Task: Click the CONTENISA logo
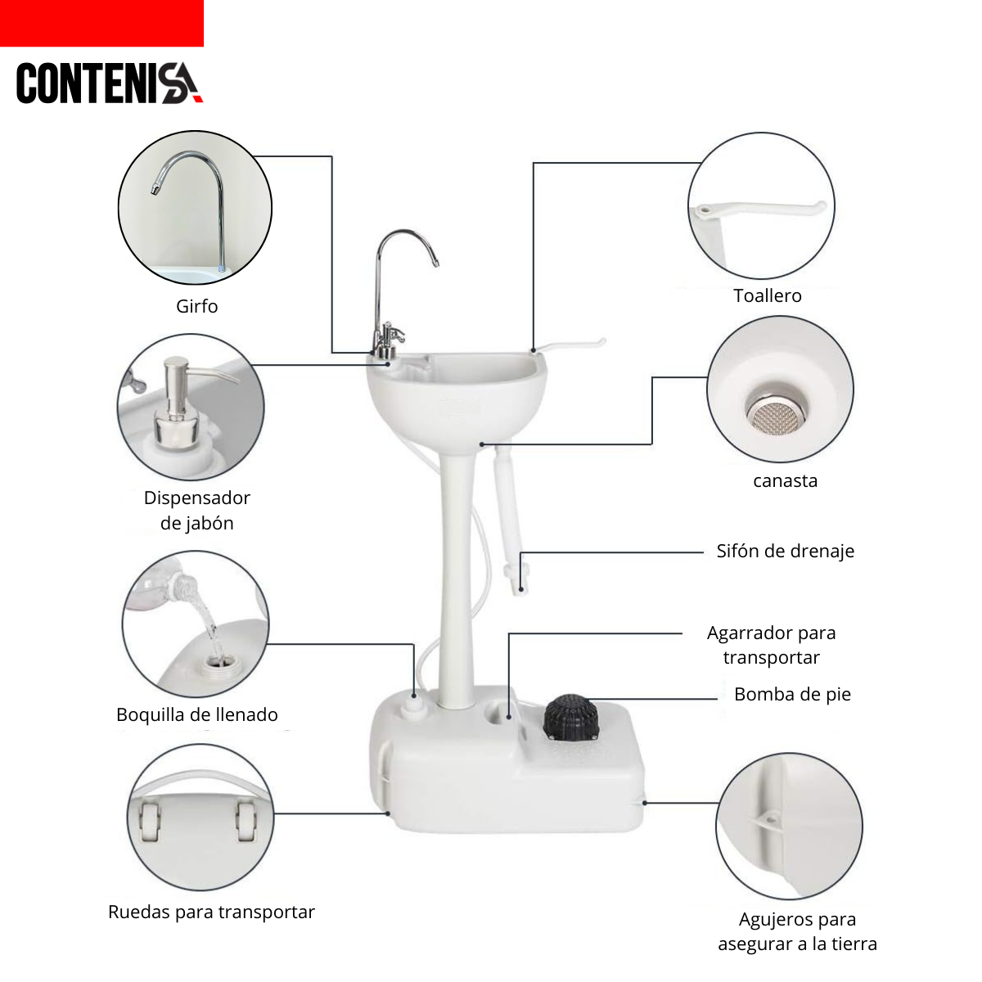(110, 83)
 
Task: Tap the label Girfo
(196, 306)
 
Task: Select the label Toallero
(767, 295)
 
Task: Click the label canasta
(785, 480)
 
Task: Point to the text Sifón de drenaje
(785, 551)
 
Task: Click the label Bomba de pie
(792, 694)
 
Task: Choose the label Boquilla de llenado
(196, 715)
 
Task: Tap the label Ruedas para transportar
(211, 912)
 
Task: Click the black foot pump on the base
(570, 717)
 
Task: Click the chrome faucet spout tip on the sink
(436, 264)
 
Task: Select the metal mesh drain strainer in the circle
(777, 417)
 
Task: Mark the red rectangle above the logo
(102, 24)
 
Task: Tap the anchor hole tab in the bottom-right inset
(768, 822)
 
